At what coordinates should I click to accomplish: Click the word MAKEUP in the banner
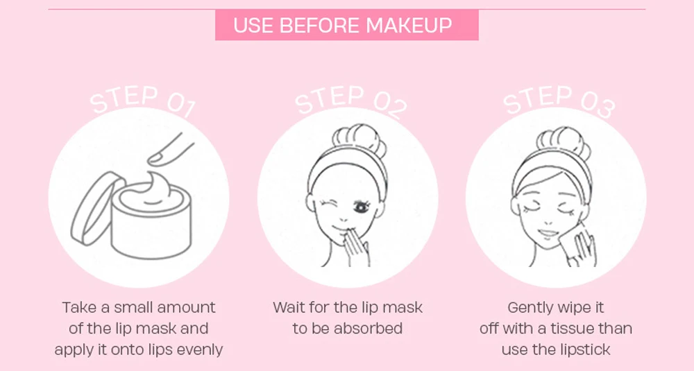point(409,25)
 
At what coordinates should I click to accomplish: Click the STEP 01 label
point(142,101)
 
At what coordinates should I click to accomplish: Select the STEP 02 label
point(350,101)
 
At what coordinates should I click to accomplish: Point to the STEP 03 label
point(559,101)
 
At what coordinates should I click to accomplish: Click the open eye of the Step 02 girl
point(362,207)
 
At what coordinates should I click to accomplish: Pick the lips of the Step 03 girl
point(548,233)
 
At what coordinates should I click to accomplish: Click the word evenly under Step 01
point(199,350)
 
